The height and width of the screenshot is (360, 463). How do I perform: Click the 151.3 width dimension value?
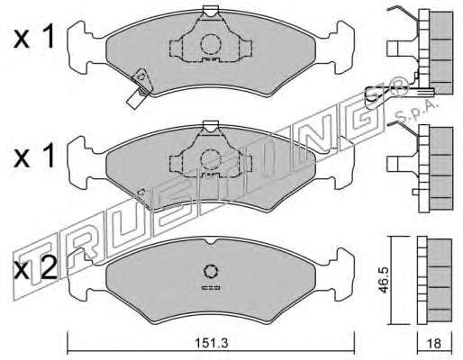point(212,343)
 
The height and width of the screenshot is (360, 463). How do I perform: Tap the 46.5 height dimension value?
point(384,280)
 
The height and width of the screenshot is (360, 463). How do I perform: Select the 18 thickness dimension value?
point(434,343)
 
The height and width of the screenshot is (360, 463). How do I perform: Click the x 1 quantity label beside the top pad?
point(34,37)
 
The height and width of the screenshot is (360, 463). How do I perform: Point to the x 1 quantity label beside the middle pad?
point(34,156)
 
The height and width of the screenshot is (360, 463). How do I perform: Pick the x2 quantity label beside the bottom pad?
point(35,268)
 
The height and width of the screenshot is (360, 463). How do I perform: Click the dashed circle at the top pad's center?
point(211,44)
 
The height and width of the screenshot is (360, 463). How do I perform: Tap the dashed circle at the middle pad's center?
point(211,160)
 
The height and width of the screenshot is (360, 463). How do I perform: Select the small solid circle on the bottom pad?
point(210,272)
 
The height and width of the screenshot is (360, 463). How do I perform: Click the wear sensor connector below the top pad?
point(135,99)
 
